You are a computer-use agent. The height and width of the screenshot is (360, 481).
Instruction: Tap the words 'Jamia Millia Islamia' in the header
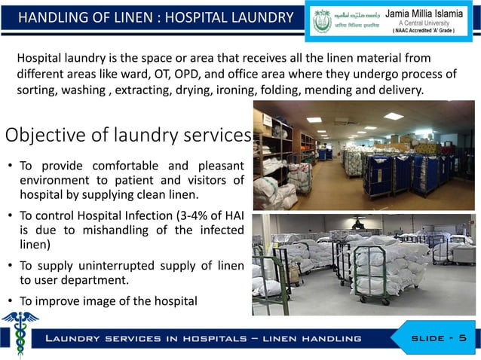(429, 12)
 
